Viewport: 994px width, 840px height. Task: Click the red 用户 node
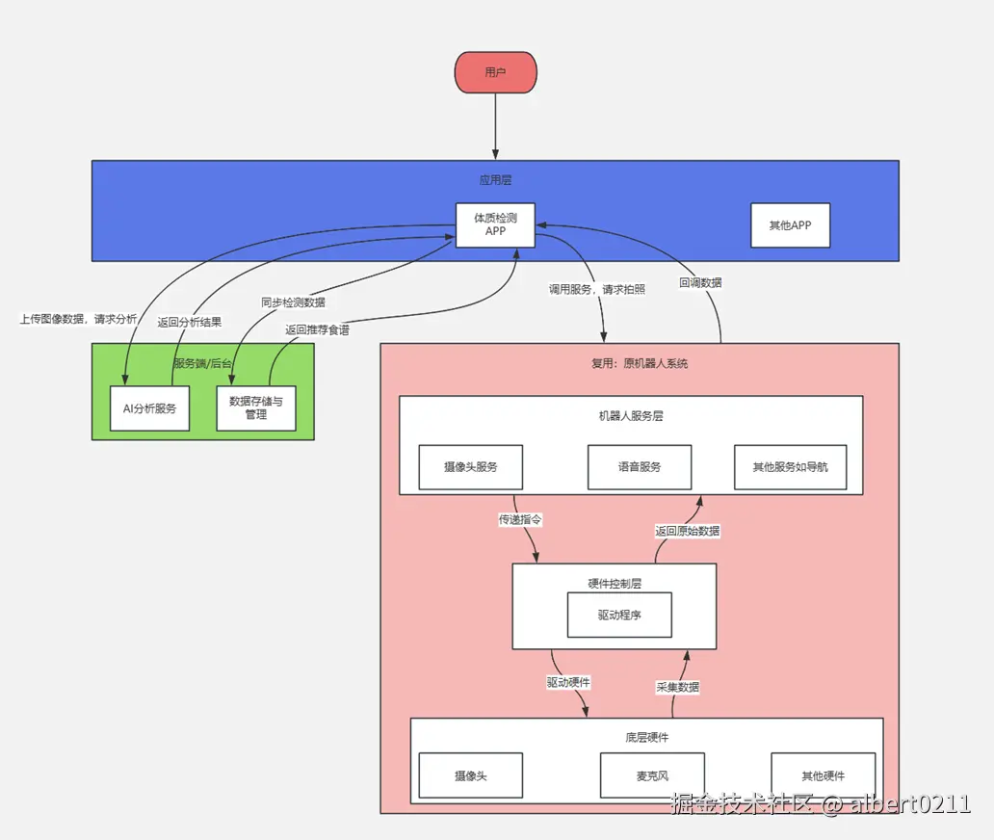click(x=496, y=72)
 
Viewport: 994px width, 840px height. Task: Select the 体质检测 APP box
click(x=495, y=225)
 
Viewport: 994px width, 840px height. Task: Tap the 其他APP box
click(x=790, y=225)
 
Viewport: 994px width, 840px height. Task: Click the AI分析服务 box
click(x=149, y=408)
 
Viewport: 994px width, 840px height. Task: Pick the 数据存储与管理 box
click(x=256, y=408)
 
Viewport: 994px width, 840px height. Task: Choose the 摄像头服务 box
click(x=470, y=467)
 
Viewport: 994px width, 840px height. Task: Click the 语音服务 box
click(x=640, y=467)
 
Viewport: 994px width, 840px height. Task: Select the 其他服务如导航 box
click(x=791, y=467)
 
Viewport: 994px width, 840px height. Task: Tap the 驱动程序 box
click(x=619, y=615)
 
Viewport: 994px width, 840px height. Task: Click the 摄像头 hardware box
click(x=470, y=775)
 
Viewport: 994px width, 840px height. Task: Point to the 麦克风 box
click(x=652, y=775)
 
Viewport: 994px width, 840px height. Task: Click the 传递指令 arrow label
click(x=520, y=520)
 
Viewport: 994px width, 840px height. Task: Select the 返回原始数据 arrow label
click(x=687, y=531)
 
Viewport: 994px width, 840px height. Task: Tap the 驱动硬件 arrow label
click(x=568, y=683)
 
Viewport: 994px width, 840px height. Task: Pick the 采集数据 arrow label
click(x=678, y=687)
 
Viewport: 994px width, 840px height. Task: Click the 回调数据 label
click(x=700, y=283)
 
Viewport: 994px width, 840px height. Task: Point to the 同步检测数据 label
click(x=294, y=302)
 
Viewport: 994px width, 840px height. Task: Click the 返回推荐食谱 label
click(x=317, y=329)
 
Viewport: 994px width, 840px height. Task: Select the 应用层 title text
click(x=495, y=180)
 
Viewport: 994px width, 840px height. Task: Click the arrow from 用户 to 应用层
click(x=495, y=126)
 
